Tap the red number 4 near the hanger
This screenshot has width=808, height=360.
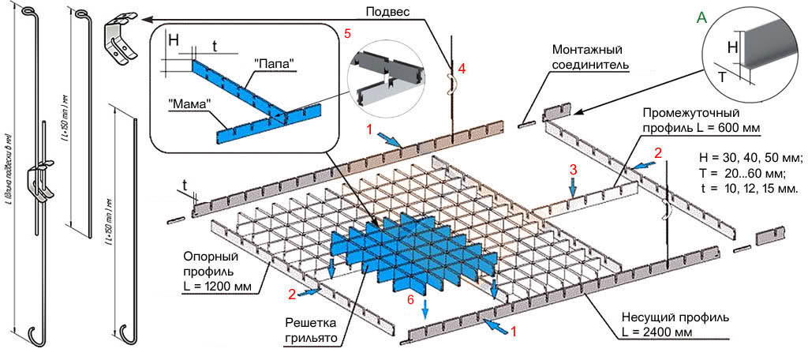(x=462, y=69)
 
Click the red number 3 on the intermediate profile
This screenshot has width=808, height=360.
(x=574, y=169)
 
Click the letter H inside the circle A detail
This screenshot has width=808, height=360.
(x=732, y=48)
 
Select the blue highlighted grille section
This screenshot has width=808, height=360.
(x=402, y=249)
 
